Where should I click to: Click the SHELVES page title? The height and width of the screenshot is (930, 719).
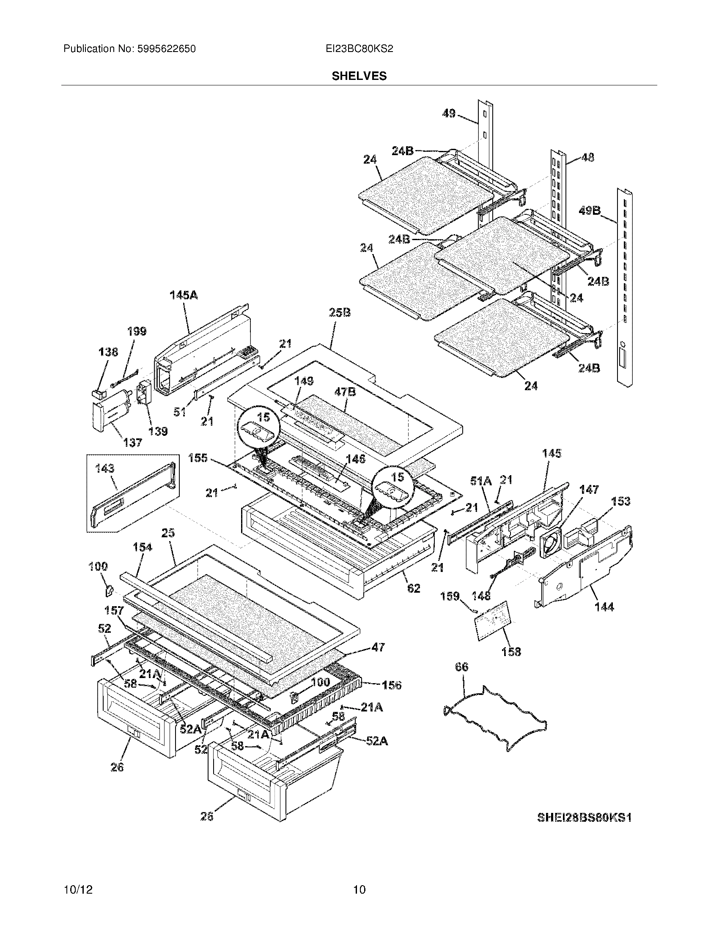pyautogui.click(x=359, y=76)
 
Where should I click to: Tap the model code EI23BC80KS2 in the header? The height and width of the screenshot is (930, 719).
pyautogui.click(x=359, y=49)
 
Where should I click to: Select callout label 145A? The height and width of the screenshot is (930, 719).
pyautogui.click(x=184, y=295)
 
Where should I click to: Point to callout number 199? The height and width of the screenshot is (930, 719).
pyautogui.click(x=137, y=331)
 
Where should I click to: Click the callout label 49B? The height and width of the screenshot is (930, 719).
pyautogui.click(x=590, y=211)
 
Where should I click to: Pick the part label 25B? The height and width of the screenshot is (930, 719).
pyautogui.click(x=340, y=313)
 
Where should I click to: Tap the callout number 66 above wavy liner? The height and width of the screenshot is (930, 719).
pyautogui.click(x=461, y=667)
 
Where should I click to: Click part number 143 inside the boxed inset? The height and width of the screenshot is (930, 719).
pyautogui.click(x=105, y=469)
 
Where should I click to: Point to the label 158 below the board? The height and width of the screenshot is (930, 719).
pyautogui.click(x=511, y=651)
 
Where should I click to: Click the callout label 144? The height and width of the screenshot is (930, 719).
pyautogui.click(x=604, y=606)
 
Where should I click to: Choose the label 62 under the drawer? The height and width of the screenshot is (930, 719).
pyautogui.click(x=414, y=588)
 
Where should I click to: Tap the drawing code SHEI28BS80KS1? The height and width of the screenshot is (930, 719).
pyautogui.click(x=584, y=817)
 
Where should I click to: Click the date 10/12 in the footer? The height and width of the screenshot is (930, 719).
pyautogui.click(x=78, y=889)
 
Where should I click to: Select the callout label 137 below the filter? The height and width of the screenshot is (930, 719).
pyautogui.click(x=132, y=443)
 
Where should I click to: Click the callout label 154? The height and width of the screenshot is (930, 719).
pyautogui.click(x=142, y=547)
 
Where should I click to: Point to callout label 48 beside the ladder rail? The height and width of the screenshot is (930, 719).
pyautogui.click(x=588, y=158)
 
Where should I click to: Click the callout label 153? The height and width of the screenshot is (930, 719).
pyautogui.click(x=620, y=501)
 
